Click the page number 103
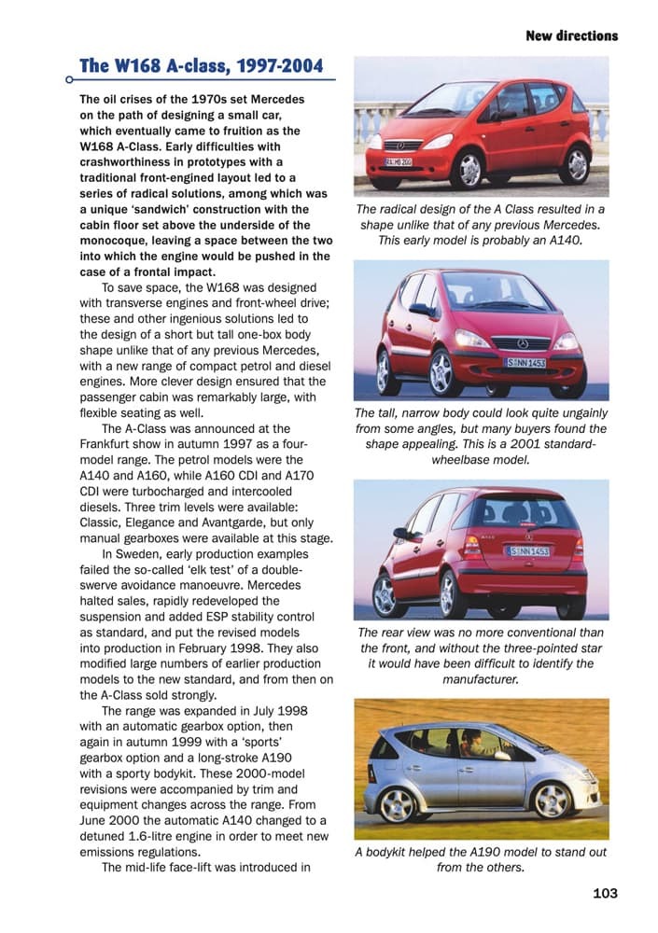coord(606,894)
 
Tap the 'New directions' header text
coord(571,36)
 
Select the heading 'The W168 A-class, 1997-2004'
coord(202,66)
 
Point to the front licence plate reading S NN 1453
coord(526,362)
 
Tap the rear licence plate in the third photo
coord(527,551)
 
